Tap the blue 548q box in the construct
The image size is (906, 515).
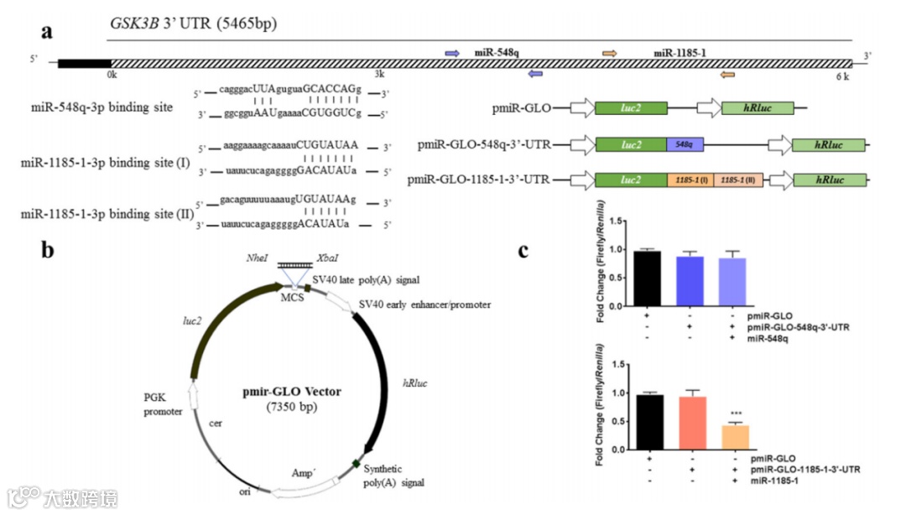click(685, 145)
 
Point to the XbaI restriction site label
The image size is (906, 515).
click(328, 258)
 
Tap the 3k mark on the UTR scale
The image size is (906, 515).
click(381, 75)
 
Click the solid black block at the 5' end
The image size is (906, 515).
click(84, 63)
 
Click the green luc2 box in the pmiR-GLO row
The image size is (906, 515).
click(631, 108)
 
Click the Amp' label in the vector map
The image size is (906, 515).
click(301, 474)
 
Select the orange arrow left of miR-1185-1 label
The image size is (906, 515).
click(610, 54)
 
